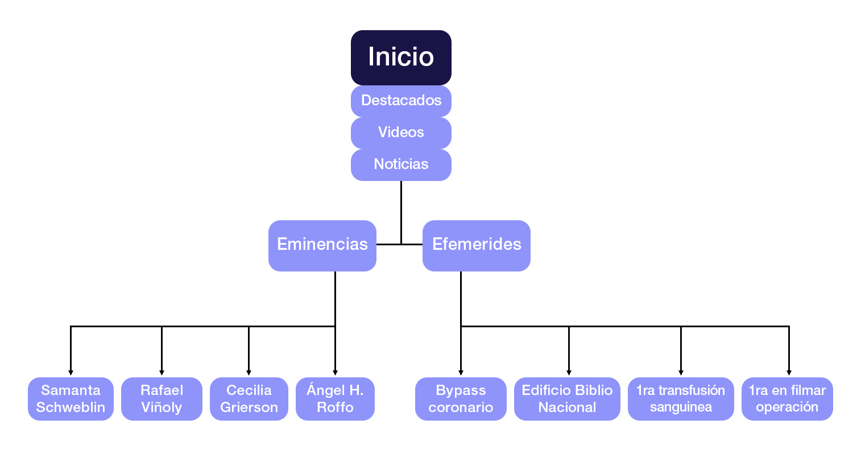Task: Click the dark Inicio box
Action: pos(401,57)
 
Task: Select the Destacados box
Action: pos(401,101)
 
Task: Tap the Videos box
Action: pos(401,133)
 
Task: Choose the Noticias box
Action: pos(401,164)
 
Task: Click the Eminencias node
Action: pos(322,245)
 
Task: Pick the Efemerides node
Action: pos(476,245)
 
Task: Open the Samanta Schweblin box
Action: pos(71,399)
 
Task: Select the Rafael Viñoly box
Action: pos(162,399)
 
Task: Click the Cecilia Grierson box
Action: pos(249,399)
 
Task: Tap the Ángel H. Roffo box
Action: pos(335,399)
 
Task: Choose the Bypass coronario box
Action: pos(461,399)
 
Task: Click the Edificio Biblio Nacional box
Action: pos(567,399)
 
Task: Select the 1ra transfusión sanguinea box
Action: pos(681,399)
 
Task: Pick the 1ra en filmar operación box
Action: pos(787,399)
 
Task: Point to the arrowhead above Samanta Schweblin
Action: pos(71,372)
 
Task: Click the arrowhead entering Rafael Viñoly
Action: pos(162,372)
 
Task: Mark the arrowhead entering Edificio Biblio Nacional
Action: pos(569,372)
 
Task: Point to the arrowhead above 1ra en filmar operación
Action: pos(789,372)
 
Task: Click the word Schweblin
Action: pos(71,408)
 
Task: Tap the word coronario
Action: pos(461,408)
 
